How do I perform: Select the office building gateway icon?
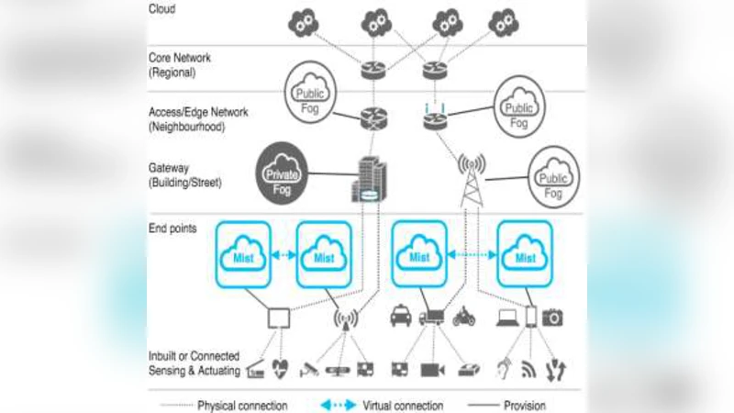[x=367, y=179]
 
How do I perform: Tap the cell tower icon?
[x=471, y=181]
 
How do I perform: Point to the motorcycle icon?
[x=464, y=318]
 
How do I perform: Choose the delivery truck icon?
[x=432, y=318]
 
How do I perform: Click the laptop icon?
[x=506, y=318]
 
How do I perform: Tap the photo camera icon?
[x=552, y=318]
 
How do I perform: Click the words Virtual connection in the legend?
[x=403, y=405]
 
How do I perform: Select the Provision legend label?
[x=524, y=405]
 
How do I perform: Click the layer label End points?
[x=172, y=228]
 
